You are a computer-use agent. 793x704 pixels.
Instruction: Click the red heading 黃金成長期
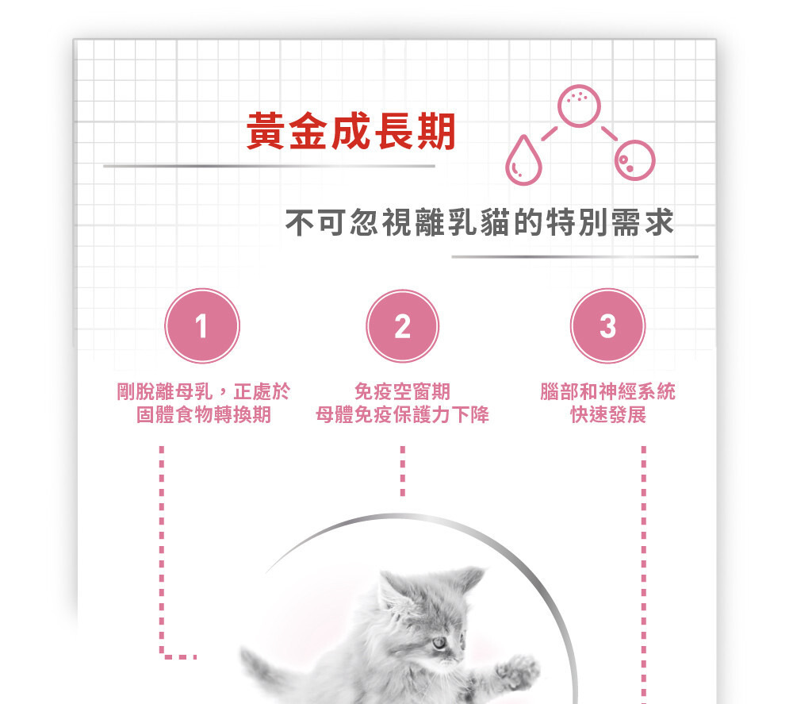(351, 131)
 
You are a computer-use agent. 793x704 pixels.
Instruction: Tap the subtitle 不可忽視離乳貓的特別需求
(480, 222)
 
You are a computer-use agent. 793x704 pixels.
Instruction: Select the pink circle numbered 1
(201, 326)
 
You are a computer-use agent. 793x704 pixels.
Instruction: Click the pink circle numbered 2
(403, 326)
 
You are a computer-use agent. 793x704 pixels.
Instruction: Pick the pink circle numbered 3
(608, 325)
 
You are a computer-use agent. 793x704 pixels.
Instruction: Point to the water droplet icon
(523, 160)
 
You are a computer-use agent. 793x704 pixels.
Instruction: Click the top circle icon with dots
(579, 106)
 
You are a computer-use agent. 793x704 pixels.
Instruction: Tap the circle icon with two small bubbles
(634, 160)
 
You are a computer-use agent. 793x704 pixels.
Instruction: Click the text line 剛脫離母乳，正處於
(203, 391)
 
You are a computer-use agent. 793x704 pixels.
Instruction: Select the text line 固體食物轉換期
(204, 414)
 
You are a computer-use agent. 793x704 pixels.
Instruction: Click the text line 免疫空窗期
(403, 391)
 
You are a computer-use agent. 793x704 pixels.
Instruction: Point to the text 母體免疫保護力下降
(403, 414)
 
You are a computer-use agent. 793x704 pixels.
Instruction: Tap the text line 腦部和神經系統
(608, 391)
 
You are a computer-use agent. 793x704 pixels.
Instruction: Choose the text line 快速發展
(608, 414)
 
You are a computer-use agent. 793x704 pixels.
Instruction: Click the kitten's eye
(439, 643)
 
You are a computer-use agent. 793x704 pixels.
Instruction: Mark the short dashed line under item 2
(403, 471)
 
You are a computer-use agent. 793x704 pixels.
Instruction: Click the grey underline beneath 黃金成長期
(269, 166)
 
